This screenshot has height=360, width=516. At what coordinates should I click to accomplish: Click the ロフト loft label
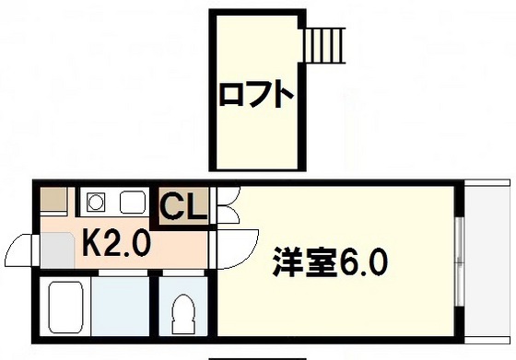coord(257,94)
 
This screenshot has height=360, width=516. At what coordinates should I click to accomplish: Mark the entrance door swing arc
coord(20,248)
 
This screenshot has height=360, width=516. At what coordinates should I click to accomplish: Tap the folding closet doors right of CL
coord(227,208)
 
